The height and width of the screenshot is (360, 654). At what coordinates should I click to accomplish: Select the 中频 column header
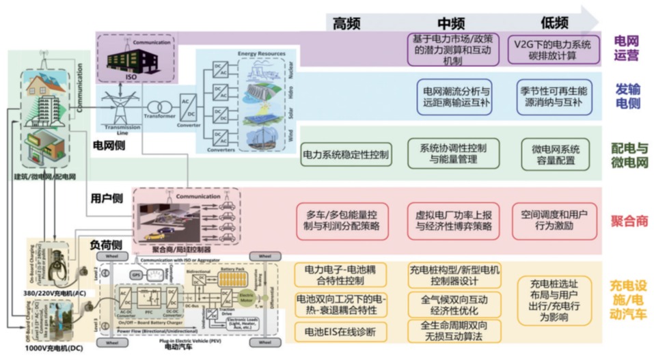point(452,23)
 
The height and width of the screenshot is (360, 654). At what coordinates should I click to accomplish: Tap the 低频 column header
point(554,23)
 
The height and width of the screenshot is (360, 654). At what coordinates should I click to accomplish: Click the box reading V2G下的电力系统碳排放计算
point(553,49)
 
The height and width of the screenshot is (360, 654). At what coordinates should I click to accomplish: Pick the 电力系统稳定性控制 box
point(346,154)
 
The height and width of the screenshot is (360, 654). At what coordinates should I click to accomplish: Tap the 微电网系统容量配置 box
point(555,154)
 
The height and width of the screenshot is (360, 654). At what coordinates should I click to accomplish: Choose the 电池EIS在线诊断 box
point(341,332)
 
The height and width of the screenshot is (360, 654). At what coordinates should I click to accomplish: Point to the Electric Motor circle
point(247,299)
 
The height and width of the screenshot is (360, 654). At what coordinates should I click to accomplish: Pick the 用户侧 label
point(107,198)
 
